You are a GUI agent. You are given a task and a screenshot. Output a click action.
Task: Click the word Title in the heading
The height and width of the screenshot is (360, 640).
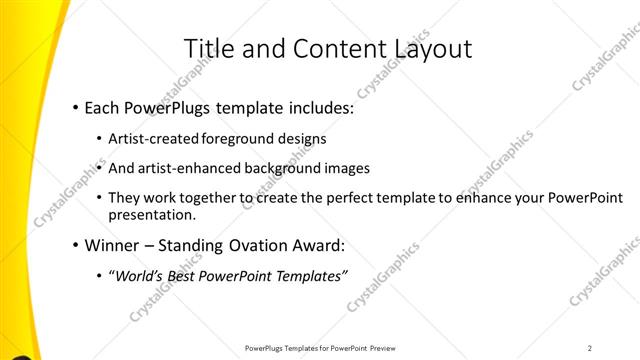coord(207,49)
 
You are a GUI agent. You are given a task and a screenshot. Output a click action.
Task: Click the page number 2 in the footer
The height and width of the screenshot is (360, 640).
coord(590,348)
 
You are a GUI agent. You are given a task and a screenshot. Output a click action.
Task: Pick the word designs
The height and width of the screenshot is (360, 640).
coord(303,138)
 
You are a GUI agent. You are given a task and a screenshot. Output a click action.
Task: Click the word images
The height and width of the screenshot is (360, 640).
coord(345,168)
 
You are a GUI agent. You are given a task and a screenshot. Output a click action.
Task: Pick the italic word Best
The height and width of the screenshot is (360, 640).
coord(183,275)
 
